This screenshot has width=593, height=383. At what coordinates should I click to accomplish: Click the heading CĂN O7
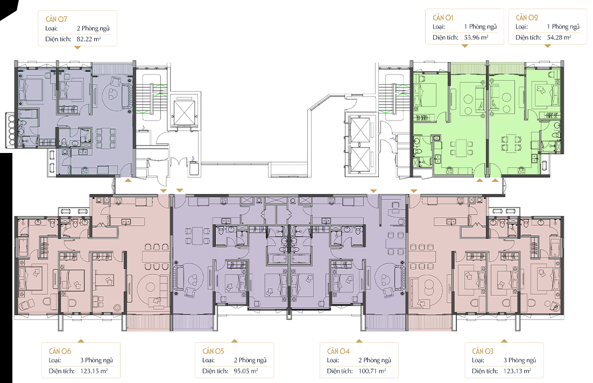point(57,19)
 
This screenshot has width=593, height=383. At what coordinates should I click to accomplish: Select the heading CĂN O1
point(443,17)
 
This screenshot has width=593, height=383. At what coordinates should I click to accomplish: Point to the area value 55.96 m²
point(476,38)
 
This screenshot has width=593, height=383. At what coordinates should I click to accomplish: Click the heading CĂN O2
point(526,17)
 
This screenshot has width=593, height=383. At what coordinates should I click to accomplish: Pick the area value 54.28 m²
point(559,38)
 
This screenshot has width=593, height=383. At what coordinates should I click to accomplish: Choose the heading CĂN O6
point(60,351)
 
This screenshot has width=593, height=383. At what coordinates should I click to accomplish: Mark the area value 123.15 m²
point(94,371)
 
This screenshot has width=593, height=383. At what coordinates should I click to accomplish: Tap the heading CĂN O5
point(213,351)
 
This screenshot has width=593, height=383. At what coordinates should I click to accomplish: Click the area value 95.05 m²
point(246,371)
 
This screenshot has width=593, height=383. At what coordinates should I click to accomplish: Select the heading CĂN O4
point(338,351)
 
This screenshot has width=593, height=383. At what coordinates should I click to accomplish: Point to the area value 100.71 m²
point(372,371)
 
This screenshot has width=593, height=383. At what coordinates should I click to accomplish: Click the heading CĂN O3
point(483,351)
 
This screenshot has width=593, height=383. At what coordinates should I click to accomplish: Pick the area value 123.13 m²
point(517,371)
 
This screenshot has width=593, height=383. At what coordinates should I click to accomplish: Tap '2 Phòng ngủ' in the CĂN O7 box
point(93,29)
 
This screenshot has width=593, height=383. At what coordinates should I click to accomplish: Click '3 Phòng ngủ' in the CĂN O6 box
point(96,360)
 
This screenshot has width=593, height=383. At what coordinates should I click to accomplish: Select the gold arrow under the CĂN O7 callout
point(77,48)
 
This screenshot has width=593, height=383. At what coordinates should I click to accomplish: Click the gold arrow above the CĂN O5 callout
point(235,341)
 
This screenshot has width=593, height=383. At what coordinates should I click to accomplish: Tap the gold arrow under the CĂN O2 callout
point(548,46)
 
